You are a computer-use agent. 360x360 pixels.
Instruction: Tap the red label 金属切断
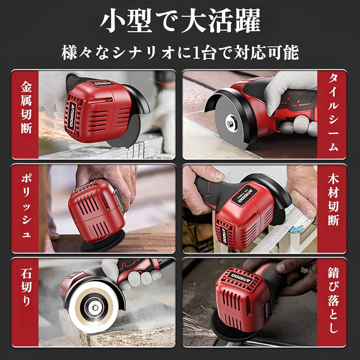26,108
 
